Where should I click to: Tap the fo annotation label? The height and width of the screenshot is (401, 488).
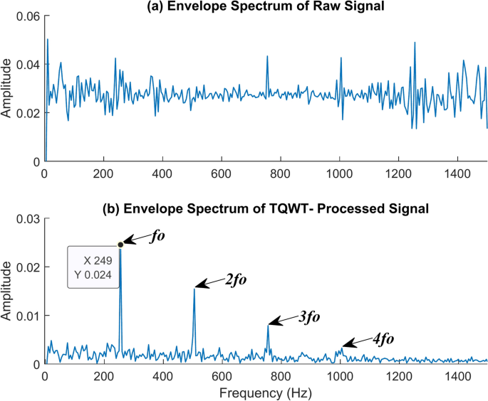pyautogui.click(x=158, y=235)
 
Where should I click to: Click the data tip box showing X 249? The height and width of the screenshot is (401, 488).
pyautogui.click(x=93, y=267)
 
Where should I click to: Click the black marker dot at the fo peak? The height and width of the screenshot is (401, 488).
pyautogui.click(x=120, y=245)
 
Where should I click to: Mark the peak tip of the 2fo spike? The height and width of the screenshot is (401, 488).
pyautogui.click(x=194, y=289)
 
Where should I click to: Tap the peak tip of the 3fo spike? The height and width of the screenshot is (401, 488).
pyautogui.click(x=268, y=325)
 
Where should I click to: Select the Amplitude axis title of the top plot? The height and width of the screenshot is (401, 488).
pyautogui.click(x=6, y=88)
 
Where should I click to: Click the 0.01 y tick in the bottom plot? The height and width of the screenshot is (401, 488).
pyautogui.click(x=28, y=315)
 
